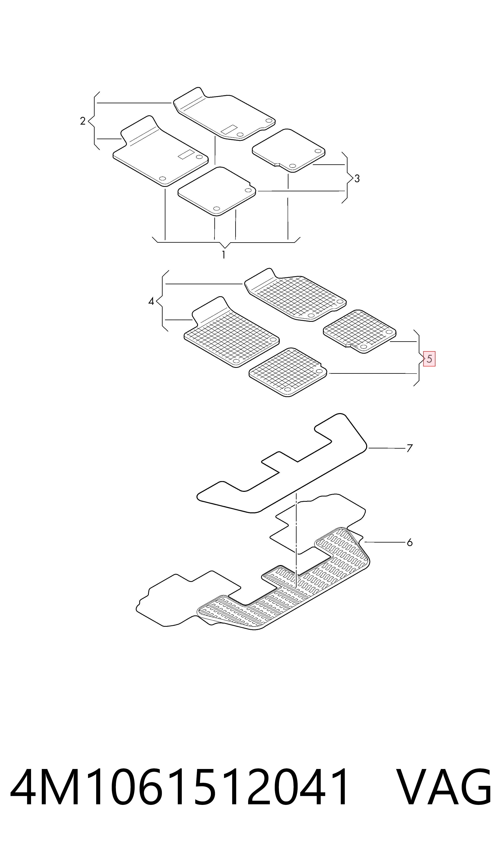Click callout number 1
pos(223,255)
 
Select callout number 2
pos(83,121)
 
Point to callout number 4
pos(151,301)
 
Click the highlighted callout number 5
pos(429,359)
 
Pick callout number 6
pos(410,542)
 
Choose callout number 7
pos(410,448)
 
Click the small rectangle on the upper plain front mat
pos(229,129)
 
